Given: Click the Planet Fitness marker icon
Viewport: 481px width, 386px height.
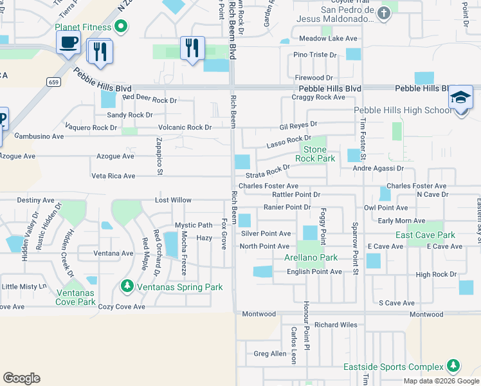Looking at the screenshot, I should (x=120, y=26).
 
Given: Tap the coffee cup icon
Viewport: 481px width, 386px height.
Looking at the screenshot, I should (x=68, y=43).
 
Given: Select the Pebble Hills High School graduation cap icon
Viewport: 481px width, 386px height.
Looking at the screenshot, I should (x=460, y=97).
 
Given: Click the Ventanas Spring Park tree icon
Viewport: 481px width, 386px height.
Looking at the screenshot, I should (x=127, y=286).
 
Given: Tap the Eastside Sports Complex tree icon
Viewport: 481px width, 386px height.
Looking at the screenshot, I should (x=453, y=367).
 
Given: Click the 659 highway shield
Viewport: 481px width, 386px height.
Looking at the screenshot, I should (x=53, y=82).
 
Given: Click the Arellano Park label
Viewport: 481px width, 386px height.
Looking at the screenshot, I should (x=311, y=258).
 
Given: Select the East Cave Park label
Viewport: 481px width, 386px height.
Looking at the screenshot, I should (x=425, y=235).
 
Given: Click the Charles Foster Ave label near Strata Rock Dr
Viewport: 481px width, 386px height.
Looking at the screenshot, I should (x=268, y=186).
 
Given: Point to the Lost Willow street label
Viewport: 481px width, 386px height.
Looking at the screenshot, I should (x=172, y=200).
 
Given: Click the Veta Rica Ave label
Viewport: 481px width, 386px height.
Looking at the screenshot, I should (x=113, y=176).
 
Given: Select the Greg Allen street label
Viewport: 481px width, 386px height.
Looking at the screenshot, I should (x=269, y=354).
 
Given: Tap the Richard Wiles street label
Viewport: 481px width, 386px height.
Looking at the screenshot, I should (x=336, y=325).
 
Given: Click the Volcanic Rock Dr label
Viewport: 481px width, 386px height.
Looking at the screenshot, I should (x=185, y=127).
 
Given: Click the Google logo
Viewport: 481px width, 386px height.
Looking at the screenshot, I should (x=21, y=378).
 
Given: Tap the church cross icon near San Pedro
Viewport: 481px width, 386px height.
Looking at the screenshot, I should (x=384, y=14).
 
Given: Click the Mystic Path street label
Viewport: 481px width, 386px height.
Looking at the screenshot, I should (x=194, y=225).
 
